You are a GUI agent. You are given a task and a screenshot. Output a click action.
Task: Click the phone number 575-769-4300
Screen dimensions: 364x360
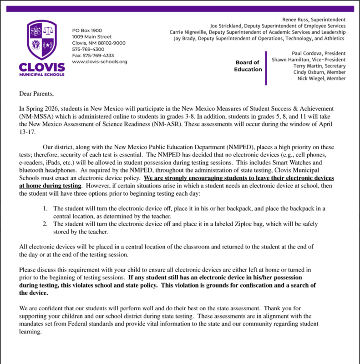coord(88,49)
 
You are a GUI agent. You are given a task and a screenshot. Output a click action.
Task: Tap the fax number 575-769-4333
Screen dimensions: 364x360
coord(93,56)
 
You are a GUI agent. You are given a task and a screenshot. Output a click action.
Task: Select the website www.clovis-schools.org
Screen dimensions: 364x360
coord(100,61)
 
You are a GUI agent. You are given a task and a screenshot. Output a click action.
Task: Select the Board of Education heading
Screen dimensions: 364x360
coord(248,66)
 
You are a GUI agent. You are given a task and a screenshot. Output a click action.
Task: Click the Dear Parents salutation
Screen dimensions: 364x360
coord(36,94)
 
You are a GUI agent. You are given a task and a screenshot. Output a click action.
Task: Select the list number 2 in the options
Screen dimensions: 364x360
coord(45,224)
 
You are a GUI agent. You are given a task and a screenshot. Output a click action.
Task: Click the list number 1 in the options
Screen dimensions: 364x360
coord(45,208)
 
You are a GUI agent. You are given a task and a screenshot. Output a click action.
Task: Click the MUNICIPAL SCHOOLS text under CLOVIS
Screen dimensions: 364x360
coord(41,74)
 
